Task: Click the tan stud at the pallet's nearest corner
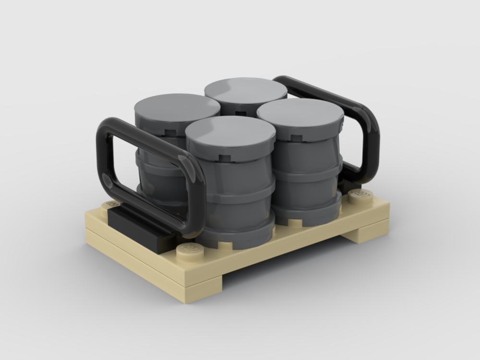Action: (x=188, y=250)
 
